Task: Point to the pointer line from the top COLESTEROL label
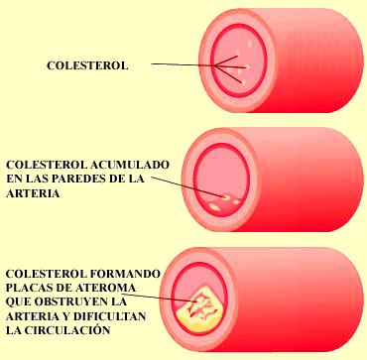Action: click(x=183, y=66)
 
